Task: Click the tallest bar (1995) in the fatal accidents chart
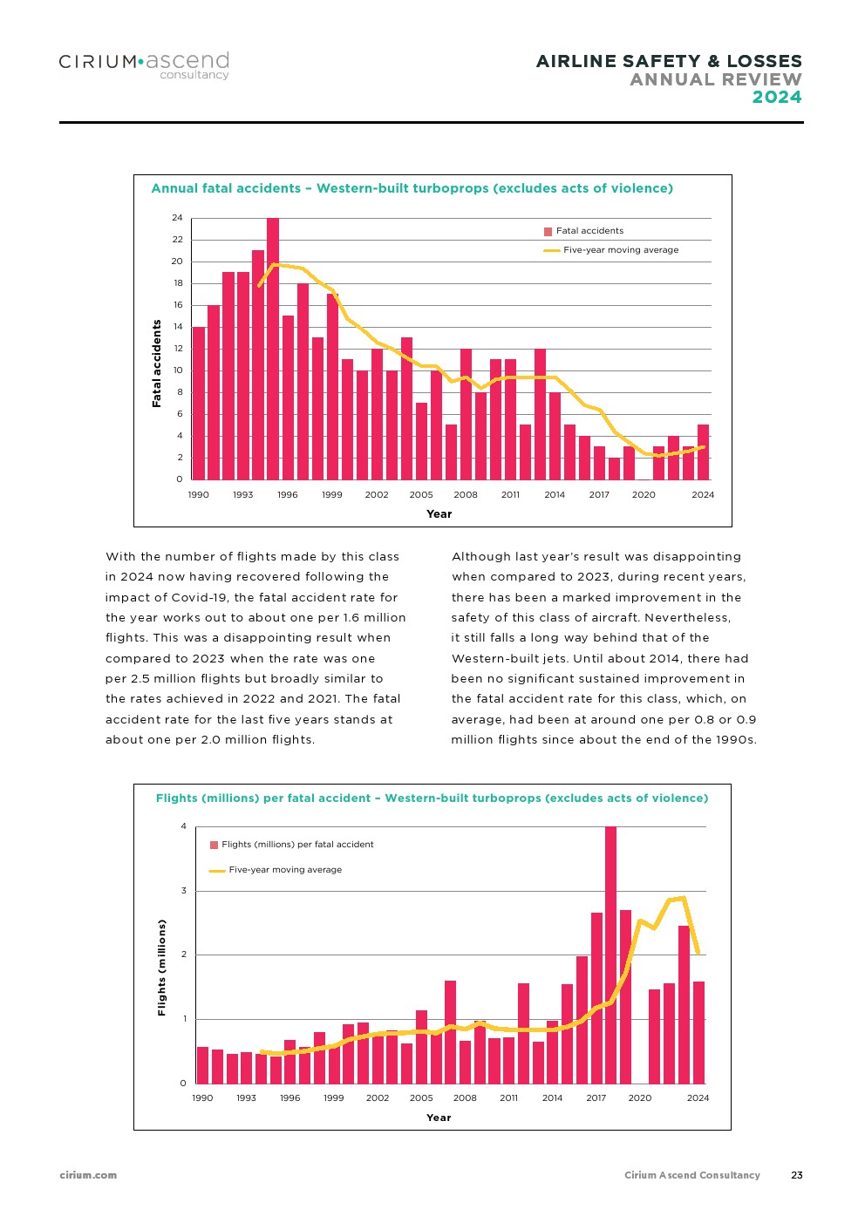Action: pyautogui.click(x=273, y=349)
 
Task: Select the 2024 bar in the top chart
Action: pyautogui.click(x=703, y=452)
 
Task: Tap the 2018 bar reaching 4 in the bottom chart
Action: pyautogui.click(x=610, y=955)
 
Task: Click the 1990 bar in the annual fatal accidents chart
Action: pyautogui.click(x=199, y=404)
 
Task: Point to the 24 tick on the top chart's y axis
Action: pyautogui.click(x=177, y=218)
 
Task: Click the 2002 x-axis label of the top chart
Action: pyautogui.click(x=376, y=494)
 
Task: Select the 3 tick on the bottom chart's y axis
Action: pyautogui.click(x=183, y=891)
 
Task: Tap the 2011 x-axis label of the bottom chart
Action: pyautogui.click(x=508, y=1098)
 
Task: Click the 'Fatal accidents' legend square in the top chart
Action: pyautogui.click(x=548, y=232)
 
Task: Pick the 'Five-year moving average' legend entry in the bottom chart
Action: pyautogui.click(x=276, y=870)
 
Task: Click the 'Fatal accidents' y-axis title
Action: pyautogui.click(x=157, y=364)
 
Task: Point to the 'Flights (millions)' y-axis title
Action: pyautogui.click(x=161, y=968)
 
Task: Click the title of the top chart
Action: pyautogui.click(x=412, y=188)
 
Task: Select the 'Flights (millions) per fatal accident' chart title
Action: pyautogui.click(x=432, y=798)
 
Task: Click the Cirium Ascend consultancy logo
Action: pyautogui.click(x=144, y=66)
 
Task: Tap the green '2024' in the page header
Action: pyautogui.click(x=777, y=97)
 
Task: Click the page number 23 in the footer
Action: pyautogui.click(x=797, y=1175)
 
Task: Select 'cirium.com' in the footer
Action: pyautogui.click(x=88, y=1175)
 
